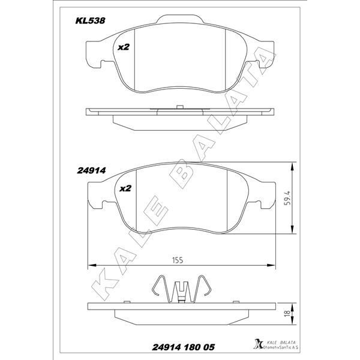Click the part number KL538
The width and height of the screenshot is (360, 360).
(x=90, y=20)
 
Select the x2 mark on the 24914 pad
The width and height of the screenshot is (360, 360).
(x=125, y=188)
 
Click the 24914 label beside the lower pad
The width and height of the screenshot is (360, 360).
(x=91, y=170)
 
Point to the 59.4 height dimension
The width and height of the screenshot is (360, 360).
(x=289, y=197)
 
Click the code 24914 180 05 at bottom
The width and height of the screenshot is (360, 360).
(x=175, y=347)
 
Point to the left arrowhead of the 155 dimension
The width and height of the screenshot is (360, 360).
(x=92, y=265)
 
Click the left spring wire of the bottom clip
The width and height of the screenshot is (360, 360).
(x=157, y=287)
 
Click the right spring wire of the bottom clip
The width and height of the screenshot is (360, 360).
(x=203, y=287)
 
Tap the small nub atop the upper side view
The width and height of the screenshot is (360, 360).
(x=179, y=107)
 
